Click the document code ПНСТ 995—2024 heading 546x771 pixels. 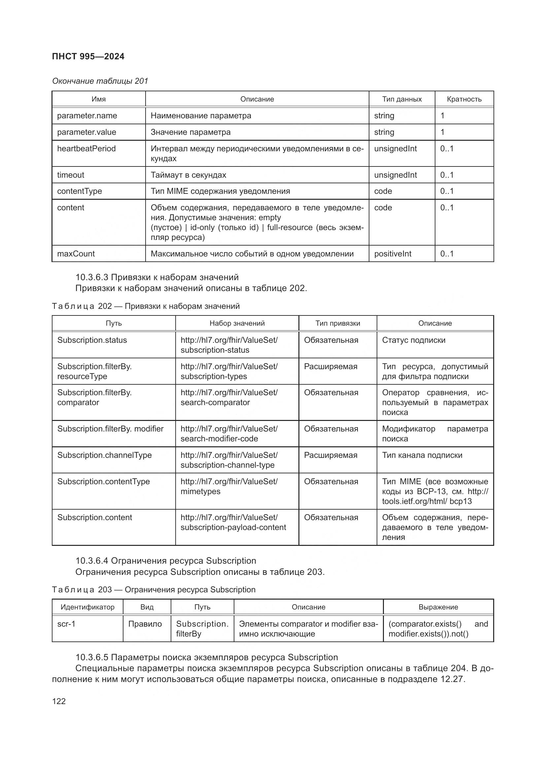[88, 56]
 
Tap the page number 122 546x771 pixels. [59, 701]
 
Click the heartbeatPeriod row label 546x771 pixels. [86, 148]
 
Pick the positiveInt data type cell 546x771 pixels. [393, 253]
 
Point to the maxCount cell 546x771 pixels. [76, 253]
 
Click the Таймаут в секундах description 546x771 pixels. [188, 175]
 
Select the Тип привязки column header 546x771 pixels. [338, 323]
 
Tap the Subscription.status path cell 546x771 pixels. [92, 340]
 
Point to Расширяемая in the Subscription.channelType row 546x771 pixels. [330, 455]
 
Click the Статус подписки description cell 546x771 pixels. [414, 340]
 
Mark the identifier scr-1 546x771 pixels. [66, 624]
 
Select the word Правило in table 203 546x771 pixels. [145, 624]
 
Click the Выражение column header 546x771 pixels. [438, 607]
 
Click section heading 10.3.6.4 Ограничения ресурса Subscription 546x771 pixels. [166, 561]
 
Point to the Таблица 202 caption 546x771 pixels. [146, 306]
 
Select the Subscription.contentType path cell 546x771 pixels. [104, 482]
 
